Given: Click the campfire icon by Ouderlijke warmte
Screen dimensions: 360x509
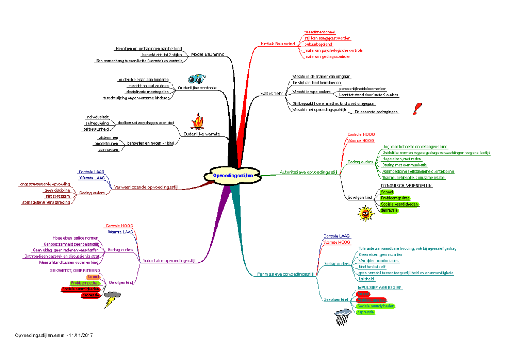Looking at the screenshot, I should point(197,121).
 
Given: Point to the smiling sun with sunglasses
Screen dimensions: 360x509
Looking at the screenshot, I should point(364,213).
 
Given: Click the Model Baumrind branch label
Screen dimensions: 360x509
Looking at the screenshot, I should point(208,54).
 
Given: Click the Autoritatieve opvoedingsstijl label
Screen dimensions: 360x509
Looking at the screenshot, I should point(308,172).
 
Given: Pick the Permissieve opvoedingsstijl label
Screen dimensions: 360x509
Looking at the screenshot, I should point(285,274).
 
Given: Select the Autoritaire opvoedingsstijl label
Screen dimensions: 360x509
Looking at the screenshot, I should point(168,261).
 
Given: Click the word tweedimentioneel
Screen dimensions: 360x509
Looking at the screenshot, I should point(320,32).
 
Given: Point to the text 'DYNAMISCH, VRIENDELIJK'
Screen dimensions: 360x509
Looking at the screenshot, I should point(407,186).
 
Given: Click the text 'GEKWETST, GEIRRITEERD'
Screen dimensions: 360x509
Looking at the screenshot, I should point(75,271).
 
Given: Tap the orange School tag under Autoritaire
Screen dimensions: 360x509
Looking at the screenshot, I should point(93,277).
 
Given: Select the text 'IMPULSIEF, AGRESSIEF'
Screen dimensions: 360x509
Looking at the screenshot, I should point(380,287).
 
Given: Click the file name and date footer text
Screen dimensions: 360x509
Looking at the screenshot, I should point(53,335).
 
